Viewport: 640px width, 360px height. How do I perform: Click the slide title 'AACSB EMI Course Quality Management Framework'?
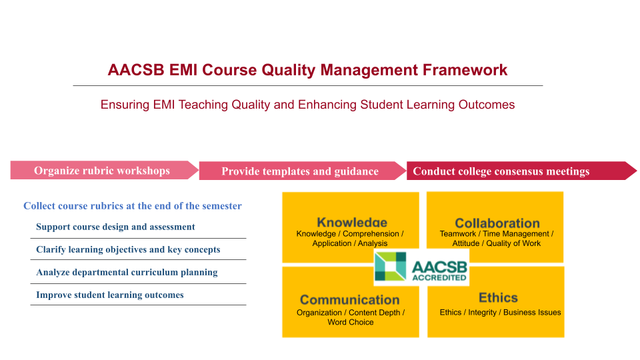click(307, 70)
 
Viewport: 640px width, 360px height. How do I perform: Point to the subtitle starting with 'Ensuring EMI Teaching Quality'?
click(307, 105)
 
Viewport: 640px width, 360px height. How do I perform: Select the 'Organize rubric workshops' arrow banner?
click(105, 170)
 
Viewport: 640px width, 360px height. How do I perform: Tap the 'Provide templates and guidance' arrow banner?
click(303, 171)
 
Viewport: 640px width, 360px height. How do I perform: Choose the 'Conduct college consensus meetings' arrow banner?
click(521, 171)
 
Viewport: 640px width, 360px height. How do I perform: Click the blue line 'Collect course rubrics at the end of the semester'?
click(132, 206)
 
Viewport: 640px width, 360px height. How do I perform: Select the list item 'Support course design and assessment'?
click(115, 227)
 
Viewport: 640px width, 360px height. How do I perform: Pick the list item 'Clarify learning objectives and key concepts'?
click(128, 249)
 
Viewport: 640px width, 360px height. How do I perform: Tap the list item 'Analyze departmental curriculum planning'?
click(127, 272)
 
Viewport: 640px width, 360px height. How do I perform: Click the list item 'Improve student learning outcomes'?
click(110, 295)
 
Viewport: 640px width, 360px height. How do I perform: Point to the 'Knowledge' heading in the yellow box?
click(352, 222)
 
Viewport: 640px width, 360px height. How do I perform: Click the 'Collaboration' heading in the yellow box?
click(497, 223)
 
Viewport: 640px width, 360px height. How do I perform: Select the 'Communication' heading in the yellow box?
click(350, 299)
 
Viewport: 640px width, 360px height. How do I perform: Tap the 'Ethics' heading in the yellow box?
click(498, 297)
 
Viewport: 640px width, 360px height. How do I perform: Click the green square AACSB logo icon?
click(390, 266)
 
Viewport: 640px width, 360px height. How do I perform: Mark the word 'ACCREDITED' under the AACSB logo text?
click(439, 277)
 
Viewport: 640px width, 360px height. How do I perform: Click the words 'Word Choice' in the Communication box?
click(351, 322)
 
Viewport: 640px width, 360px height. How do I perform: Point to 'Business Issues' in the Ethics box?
click(532, 312)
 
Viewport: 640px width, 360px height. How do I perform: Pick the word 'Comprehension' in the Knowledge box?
click(371, 234)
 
